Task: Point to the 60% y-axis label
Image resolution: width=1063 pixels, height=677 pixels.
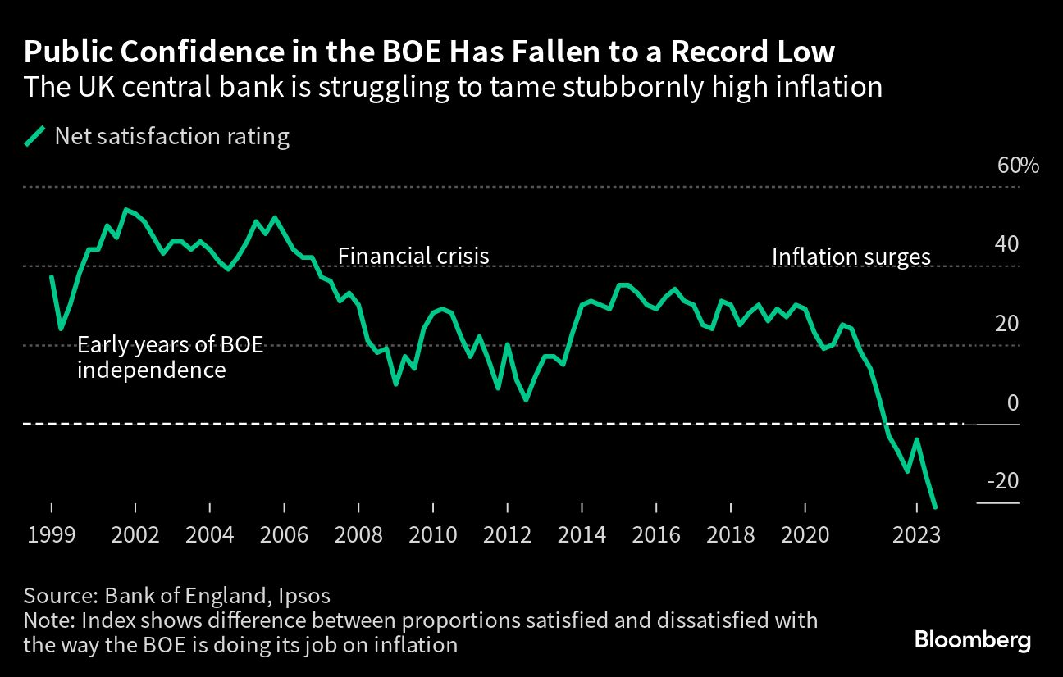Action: pyautogui.click(x=1018, y=166)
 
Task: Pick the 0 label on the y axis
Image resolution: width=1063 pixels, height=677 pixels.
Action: pyautogui.click(x=1012, y=402)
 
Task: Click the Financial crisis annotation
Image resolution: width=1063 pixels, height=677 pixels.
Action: pyautogui.click(x=413, y=256)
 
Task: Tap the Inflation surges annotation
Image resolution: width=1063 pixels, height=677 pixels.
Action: pyautogui.click(x=851, y=257)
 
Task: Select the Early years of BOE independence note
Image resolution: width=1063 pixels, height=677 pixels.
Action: pyautogui.click(x=171, y=357)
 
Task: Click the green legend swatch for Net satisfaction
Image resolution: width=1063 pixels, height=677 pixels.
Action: pyautogui.click(x=34, y=136)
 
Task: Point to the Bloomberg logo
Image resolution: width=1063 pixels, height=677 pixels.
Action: pyautogui.click(x=973, y=640)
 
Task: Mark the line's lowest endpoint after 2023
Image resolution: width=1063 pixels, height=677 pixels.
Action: pyautogui.click(x=936, y=507)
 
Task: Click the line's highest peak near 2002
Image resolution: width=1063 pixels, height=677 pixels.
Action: pyautogui.click(x=125, y=209)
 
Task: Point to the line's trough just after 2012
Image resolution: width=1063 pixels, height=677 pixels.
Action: pyautogui.click(x=526, y=400)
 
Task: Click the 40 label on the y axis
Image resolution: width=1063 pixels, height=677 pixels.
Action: pyautogui.click(x=1012, y=244)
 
